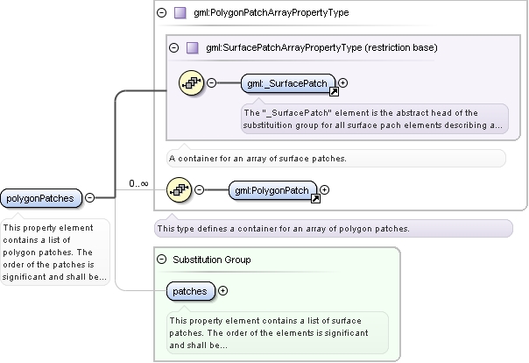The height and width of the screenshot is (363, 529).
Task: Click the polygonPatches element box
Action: point(41,198)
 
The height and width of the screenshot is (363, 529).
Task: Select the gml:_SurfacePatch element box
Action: point(288,83)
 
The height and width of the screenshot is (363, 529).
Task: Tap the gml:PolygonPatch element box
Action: point(272,190)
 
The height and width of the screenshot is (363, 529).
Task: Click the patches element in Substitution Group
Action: point(191,291)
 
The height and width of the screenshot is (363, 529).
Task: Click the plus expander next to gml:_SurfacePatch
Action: point(342,82)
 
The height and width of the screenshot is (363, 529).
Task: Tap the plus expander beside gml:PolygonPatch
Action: point(324,189)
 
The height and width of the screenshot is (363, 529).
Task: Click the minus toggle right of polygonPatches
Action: point(89,197)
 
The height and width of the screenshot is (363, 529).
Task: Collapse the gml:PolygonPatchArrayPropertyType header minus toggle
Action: point(162,13)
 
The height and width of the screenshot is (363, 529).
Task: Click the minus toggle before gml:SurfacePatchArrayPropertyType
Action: point(174,47)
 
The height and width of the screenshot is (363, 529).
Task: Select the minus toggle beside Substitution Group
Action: point(162,260)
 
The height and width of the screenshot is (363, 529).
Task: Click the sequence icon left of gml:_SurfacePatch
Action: point(191,82)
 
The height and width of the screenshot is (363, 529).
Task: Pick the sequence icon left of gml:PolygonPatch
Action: point(180,189)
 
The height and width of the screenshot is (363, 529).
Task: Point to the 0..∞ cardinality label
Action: point(138,184)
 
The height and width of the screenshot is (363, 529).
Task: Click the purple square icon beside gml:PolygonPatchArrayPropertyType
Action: point(180,13)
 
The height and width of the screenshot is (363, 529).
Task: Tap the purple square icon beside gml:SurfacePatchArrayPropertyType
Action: point(193,47)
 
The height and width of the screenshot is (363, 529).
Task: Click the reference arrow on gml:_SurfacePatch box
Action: point(334,91)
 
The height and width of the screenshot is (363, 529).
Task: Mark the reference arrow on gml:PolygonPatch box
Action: point(315,198)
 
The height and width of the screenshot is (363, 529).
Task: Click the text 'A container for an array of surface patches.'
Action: point(257,159)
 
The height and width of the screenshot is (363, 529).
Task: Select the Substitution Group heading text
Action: point(212,260)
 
